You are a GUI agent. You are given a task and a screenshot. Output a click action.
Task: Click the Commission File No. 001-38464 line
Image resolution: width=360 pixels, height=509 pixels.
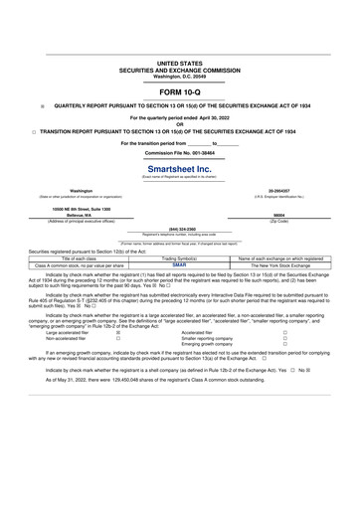click(179, 153)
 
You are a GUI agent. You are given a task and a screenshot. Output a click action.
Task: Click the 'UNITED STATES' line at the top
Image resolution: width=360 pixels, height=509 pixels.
click(179, 62)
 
